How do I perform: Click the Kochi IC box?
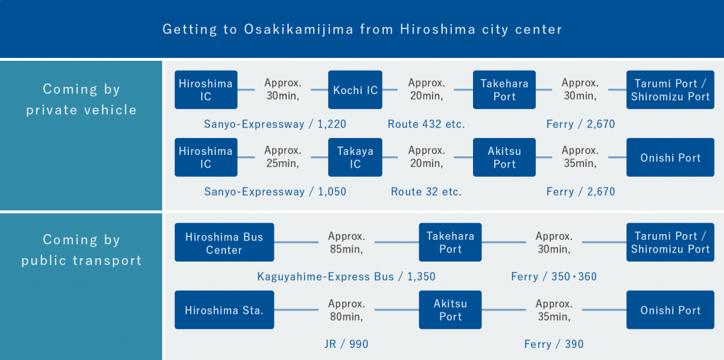pyautogui.click(x=355, y=90)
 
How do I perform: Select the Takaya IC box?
pyautogui.click(x=355, y=157)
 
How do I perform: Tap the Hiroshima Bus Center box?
pyautogui.click(x=224, y=243)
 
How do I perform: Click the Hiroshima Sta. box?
pyautogui.click(x=224, y=310)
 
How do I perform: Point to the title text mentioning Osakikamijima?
pyautogui.click(x=362, y=29)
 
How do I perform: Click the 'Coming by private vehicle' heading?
pyautogui.click(x=81, y=99)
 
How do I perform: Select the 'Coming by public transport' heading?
pyautogui.click(x=81, y=250)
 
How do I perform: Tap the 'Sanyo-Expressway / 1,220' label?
pyautogui.click(x=275, y=124)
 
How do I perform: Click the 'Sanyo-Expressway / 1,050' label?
pyautogui.click(x=275, y=191)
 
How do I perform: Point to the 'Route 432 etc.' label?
pyautogui.click(x=426, y=124)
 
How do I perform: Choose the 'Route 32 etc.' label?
pyautogui.click(x=426, y=191)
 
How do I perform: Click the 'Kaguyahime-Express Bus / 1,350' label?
pyautogui.click(x=346, y=276)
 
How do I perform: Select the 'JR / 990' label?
pyautogui.click(x=346, y=344)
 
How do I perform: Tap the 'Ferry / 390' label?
pyautogui.click(x=554, y=344)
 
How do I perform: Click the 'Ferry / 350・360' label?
pyautogui.click(x=554, y=276)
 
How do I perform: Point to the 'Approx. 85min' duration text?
pyautogui.click(x=346, y=243)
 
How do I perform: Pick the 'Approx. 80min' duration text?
pyautogui.click(x=346, y=310)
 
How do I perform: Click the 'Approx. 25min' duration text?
pyautogui.click(x=283, y=157)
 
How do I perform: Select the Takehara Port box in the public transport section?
pyautogui.click(x=450, y=243)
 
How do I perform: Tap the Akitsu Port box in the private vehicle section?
pyautogui.click(x=505, y=157)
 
